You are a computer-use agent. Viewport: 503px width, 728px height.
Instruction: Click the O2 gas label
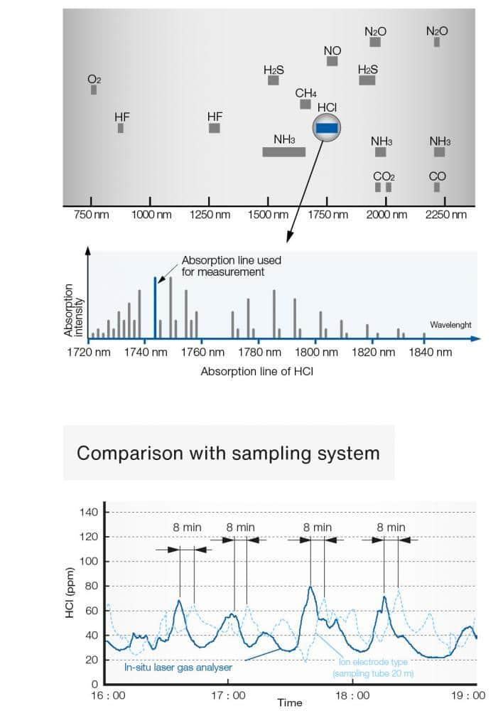(x=94, y=80)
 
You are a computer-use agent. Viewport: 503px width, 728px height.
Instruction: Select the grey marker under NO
(x=332, y=61)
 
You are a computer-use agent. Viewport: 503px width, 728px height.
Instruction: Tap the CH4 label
(x=305, y=93)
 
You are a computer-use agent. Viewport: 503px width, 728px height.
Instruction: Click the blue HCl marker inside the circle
(x=327, y=128)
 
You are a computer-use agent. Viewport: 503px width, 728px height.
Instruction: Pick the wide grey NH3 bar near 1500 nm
(x=283, y=151)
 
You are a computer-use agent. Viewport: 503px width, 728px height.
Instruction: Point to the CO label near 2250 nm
(x=437, y=176)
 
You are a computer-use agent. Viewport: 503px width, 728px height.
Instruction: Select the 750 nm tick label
(x=92, y=215)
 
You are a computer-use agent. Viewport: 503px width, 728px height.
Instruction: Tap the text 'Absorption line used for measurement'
(x=231, y=266)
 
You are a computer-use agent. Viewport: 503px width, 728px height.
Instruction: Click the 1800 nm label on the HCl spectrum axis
(x=308, y=352)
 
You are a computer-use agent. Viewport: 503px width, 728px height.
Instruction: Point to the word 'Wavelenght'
(x=450, y=325)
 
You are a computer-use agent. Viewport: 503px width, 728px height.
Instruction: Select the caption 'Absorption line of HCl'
(x=256, y=371)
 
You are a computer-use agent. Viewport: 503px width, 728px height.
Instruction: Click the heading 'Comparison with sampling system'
(x=228, y=453)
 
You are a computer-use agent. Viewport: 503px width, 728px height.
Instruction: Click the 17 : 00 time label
(x=228, y=695)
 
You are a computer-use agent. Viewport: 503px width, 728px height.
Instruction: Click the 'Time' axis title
(x=289, y=702)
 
